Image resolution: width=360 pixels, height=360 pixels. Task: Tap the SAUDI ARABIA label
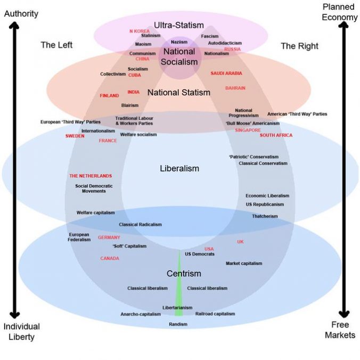tap(226, 73)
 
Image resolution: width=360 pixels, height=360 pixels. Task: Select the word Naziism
tap(179, 42)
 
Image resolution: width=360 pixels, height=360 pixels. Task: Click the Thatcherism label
tap(265, 216)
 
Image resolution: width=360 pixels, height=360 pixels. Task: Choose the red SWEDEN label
tap(75, 136)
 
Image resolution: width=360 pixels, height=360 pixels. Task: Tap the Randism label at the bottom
tap(178, 324)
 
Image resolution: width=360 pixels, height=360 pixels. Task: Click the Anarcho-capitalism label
tap(141, 314)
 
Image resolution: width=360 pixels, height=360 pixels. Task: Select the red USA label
tap(209, 249)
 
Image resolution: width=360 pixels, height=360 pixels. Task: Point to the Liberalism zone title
tap(179, 168)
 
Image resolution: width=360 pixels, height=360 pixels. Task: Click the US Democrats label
tap(200, 254)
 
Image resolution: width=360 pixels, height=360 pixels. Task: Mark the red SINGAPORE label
tap(248, 130)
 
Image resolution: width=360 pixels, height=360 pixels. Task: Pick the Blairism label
tap(130, 105)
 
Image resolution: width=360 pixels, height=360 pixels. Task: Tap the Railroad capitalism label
tap(215, 314)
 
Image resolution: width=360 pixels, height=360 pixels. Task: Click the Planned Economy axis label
tap(339, 12)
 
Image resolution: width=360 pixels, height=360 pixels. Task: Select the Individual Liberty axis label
tap(21, 331)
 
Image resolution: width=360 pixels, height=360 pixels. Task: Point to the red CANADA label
tap(110, 258)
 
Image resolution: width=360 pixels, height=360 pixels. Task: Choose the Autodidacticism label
tap(225, 43)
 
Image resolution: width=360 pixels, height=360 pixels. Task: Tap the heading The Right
tap(299, 46)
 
